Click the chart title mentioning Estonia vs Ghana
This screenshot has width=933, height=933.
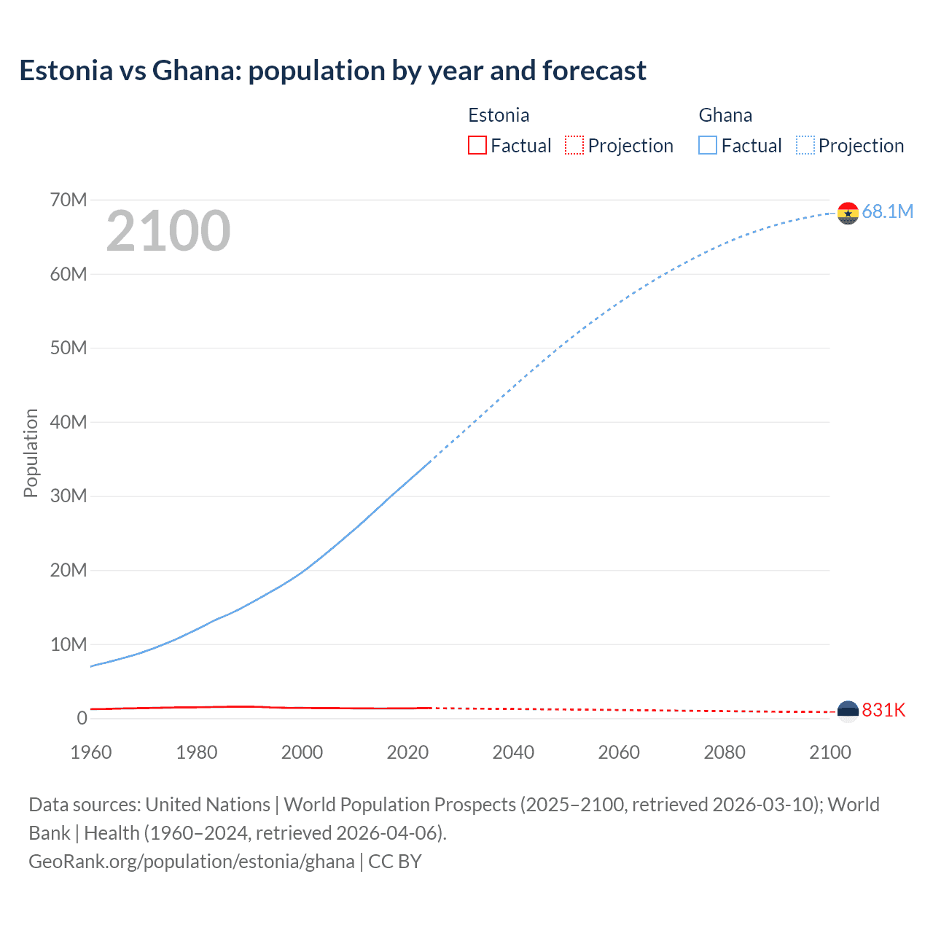332,71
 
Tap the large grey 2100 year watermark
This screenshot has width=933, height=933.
168,231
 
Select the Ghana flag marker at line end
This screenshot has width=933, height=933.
848,213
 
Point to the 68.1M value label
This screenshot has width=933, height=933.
887,212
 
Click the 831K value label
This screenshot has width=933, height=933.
883,711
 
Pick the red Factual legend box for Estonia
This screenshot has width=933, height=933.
477,145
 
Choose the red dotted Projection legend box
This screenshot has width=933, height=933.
574,145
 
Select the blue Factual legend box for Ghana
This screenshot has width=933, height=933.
707,145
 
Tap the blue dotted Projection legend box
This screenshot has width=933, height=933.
805,145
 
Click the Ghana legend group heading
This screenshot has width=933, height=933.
725,115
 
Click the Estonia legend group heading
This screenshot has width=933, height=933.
499,115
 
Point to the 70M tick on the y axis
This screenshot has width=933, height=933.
69,200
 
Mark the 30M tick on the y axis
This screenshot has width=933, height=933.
69,496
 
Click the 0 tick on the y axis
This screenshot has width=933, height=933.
82,718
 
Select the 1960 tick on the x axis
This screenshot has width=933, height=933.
91,752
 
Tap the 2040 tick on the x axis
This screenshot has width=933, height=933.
513,752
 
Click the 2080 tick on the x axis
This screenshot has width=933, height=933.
725,752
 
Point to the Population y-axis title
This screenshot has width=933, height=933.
31,453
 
